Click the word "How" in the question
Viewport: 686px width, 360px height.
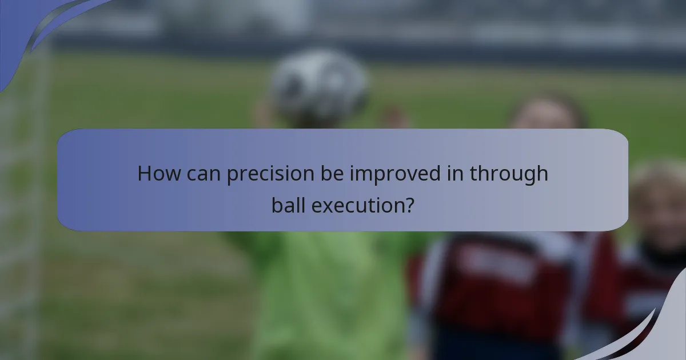click(x=155, y=174)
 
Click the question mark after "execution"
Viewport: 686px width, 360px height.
click(x=409, y=204)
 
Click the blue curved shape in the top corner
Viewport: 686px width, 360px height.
click(x=34, y=29)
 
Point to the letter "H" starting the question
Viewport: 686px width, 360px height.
click(x=144, y=174)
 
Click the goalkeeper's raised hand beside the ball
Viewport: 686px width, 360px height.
click(x=394, y=117)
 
